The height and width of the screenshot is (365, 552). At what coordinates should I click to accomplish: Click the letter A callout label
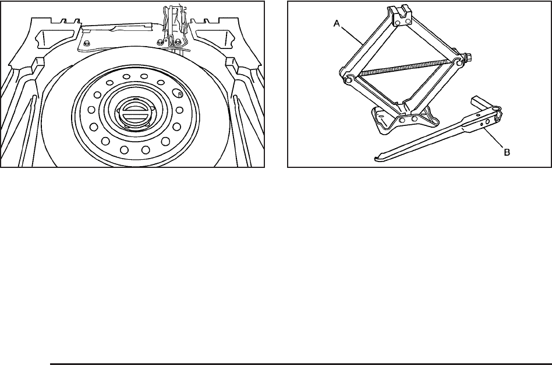coord(337,24)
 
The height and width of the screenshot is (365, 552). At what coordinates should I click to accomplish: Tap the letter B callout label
coord(507,152)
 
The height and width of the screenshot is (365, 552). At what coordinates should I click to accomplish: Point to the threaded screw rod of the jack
coord(405,68)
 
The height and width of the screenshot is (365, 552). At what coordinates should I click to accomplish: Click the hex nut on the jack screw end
coord(468,57)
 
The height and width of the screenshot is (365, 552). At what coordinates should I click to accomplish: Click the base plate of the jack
coord(405,120)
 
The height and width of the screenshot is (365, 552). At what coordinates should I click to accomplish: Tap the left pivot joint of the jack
coord(348,80)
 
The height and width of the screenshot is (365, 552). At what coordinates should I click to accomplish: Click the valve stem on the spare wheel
coord(179,94)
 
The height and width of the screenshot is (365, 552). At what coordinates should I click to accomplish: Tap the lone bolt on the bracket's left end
coord(87,44)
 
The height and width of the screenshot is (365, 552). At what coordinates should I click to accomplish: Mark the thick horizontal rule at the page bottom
coord(301,364)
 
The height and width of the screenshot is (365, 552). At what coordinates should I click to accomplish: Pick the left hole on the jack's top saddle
coord(398,23)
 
